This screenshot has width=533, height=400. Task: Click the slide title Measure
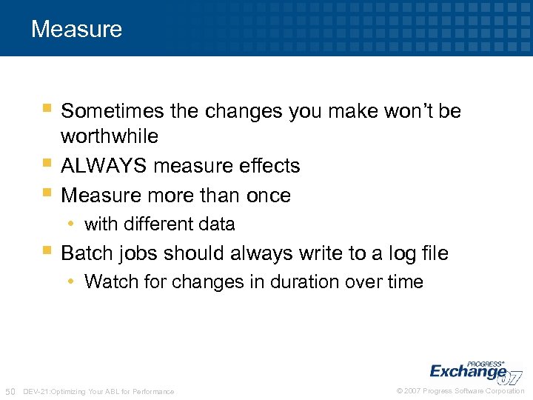click(x=76, y=30)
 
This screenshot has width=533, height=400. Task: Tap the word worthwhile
click(x=110, y=136)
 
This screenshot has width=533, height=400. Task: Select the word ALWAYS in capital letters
click(x=104, y=166)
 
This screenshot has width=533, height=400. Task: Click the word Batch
click(x=84, y=253)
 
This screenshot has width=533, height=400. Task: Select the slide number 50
click(x=10, y=391)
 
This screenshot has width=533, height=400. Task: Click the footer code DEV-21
click(x=37, y=391)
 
